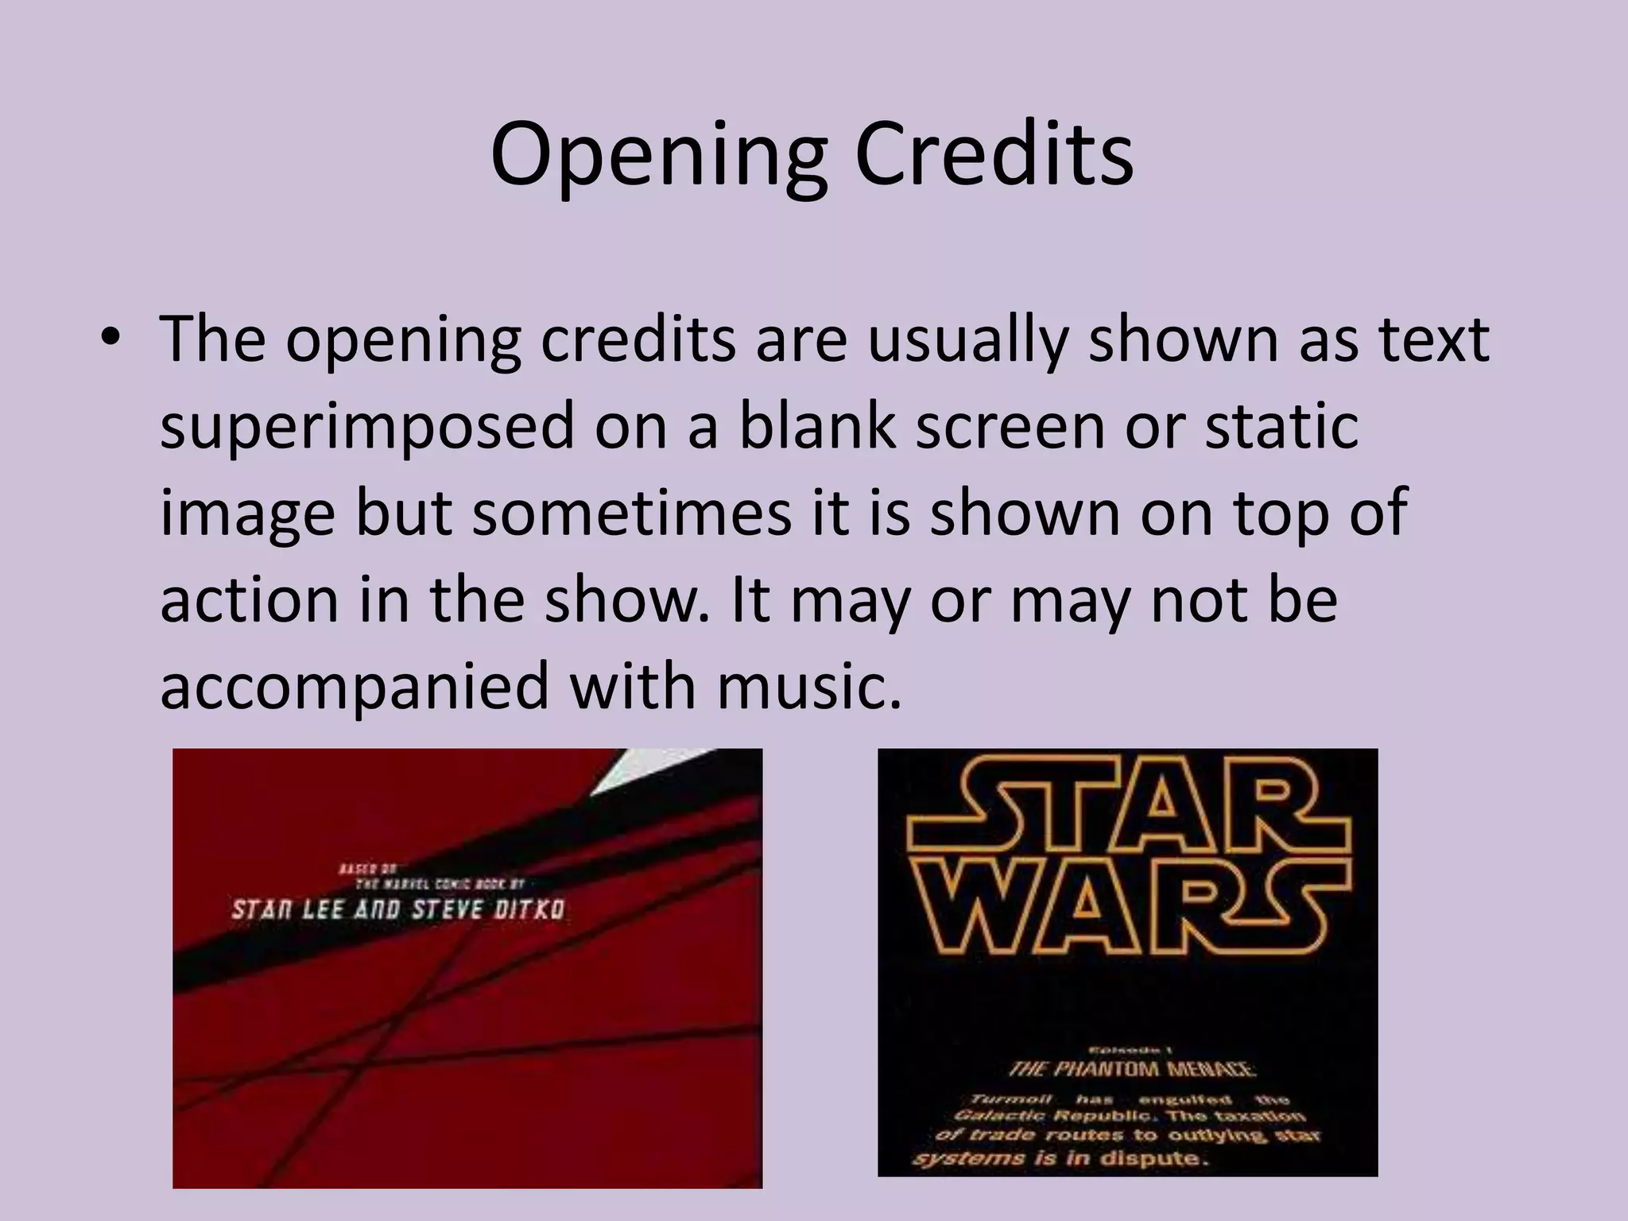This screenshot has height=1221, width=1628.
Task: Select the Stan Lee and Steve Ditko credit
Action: [x=397, y=909]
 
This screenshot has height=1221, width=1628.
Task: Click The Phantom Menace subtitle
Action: [x=1132, y=1069]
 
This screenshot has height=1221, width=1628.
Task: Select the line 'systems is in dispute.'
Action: [x=1060, y=1158]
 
